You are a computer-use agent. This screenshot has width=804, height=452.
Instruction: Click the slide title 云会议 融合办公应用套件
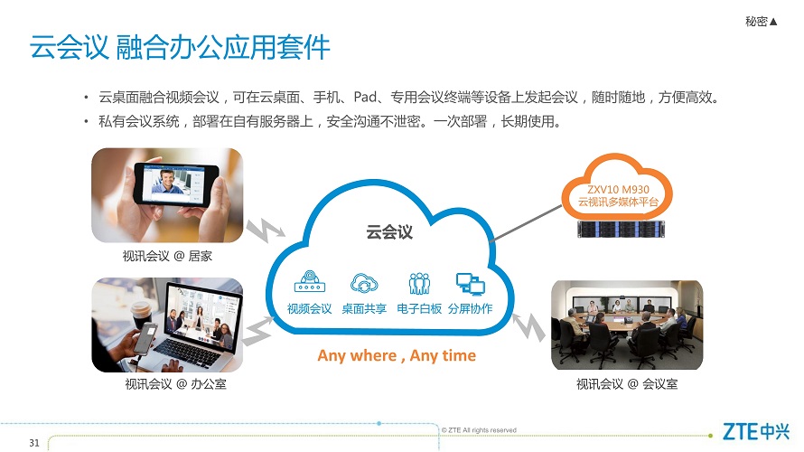point(180,48)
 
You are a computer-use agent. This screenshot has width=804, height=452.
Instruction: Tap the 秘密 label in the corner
point(756,21)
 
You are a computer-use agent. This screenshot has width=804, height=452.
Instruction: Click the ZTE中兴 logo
point(756,431)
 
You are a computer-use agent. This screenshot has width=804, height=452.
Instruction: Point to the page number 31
point(34,443)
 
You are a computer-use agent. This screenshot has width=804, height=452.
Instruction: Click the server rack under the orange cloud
point(621,229)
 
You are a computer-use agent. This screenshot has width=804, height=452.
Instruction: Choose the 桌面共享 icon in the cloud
point(363,283)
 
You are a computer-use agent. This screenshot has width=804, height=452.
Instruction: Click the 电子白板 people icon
point(419,283)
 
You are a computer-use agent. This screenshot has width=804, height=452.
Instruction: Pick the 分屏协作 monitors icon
point(470,284)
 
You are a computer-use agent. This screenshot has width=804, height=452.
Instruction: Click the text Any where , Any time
point(397,355)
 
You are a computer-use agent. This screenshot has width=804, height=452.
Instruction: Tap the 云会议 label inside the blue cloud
point(389,232)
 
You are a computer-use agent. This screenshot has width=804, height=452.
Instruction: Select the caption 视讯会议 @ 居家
point(167,256)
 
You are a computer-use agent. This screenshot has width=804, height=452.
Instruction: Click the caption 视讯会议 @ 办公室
point(175,384)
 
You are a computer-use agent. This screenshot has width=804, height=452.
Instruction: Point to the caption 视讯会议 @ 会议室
point(627,384)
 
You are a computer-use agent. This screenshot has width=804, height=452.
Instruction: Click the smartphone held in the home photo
point(175,184)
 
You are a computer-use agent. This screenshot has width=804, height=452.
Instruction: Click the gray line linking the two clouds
point(526,223)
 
